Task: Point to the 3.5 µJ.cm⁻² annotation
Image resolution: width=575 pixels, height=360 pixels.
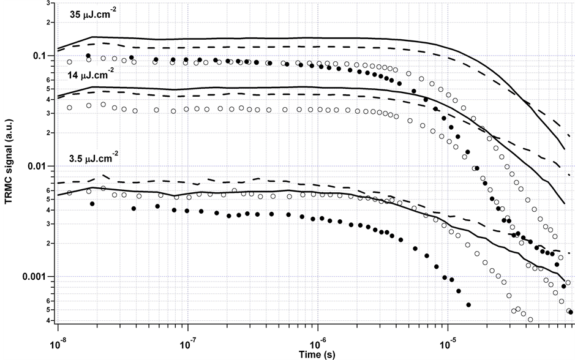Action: tap(92, 159)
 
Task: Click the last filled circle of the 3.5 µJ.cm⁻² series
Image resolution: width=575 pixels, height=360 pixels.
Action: tap(469, 304)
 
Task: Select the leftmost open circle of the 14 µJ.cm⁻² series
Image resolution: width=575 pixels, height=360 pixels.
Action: tap(69, 108)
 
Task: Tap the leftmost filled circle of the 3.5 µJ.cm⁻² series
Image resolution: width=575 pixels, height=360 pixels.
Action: tap(92, 203)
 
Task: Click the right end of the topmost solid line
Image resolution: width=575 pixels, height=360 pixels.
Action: tap(564, 149)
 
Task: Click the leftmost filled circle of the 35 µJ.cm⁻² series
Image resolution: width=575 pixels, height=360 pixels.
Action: tap(89, 56)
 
